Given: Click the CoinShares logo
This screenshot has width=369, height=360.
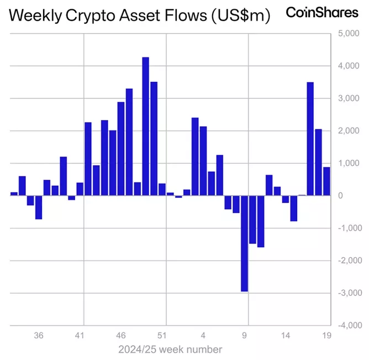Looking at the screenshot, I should (x=321, y=12).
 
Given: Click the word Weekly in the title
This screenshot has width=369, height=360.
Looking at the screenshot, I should (x=34, y=15).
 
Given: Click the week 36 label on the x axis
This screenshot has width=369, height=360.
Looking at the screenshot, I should (x=39, y=335).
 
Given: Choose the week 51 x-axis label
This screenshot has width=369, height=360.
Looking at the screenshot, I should (x=162, y=335).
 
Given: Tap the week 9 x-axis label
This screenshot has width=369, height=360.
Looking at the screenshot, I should (x=244, y=335).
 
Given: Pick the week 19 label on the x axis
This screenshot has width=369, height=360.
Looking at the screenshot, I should (x=326, y=335).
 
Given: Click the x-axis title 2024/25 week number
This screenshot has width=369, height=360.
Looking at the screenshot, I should (x=170, y=349).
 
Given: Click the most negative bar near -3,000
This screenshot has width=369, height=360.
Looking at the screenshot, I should (x=244, y=243).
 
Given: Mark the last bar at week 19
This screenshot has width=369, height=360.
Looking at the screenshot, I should (x=326, y=181).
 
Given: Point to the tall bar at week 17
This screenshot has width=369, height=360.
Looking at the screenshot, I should (x=310, y=139).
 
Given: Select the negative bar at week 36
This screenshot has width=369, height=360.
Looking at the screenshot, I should (x=39, y=207).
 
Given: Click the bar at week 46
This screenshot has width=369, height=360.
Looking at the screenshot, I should (x=121, y=149).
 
